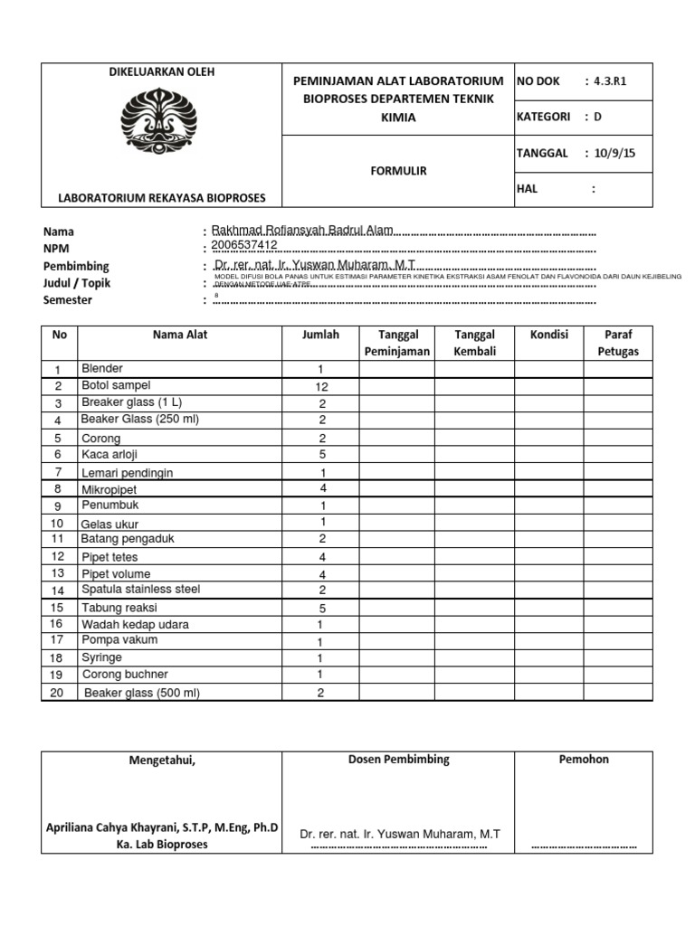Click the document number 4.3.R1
(x=610, y=81)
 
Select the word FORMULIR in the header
(x=397, y=170)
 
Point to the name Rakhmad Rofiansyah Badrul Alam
(x=301, y=231)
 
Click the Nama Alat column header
(x=180, y=335)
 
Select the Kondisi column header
(x=548, y=335)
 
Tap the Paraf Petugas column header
(x=618, y=343)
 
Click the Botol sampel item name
(x=116, y=385)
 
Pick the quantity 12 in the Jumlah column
(x=320, y=386)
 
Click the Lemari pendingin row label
(x=127, y=472)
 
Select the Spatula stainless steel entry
(x=140, y=590)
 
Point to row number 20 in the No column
(x=56, y=693)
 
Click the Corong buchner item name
(x=125, y=675)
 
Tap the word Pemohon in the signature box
(x=584, y=760)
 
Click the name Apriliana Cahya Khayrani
(x=162, y=827)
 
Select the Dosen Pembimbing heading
(x=398, y=760)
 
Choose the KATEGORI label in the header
(x=543, y=117)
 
